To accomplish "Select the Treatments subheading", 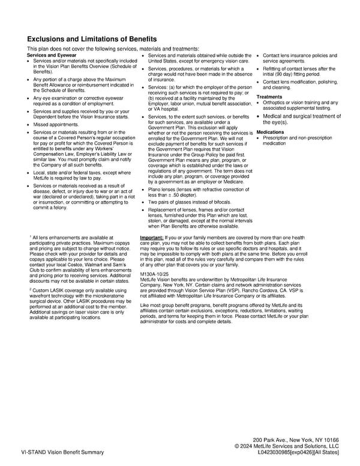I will (x=269, y=97).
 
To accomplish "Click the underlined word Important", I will (x=153, y=238).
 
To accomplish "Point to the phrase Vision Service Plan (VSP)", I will (x=199, y=290).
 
